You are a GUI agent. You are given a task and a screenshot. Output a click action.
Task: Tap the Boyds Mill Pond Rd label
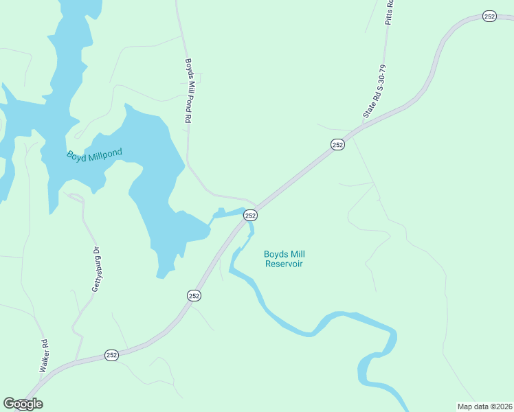187,90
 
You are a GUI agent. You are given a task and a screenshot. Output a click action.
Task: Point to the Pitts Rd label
389,12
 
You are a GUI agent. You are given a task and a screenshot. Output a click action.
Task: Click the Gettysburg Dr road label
97,269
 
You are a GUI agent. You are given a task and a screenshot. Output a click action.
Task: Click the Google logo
23,404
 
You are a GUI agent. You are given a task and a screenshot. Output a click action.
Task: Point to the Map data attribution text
484,406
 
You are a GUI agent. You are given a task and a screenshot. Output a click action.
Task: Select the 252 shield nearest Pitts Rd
489,16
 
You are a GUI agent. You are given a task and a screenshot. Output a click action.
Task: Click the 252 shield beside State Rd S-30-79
337,144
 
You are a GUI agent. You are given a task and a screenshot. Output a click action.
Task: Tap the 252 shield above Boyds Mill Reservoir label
250,216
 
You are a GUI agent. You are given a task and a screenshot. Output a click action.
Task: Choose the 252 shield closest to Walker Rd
112,355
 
